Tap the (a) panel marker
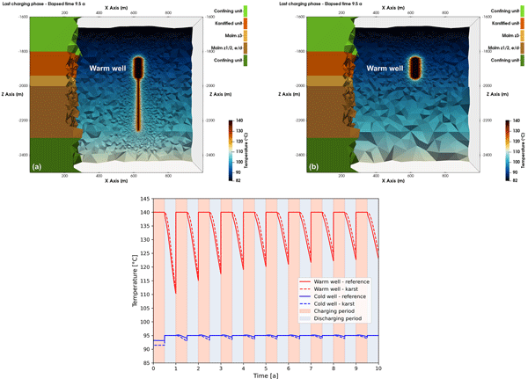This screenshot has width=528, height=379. coord(37,165)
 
